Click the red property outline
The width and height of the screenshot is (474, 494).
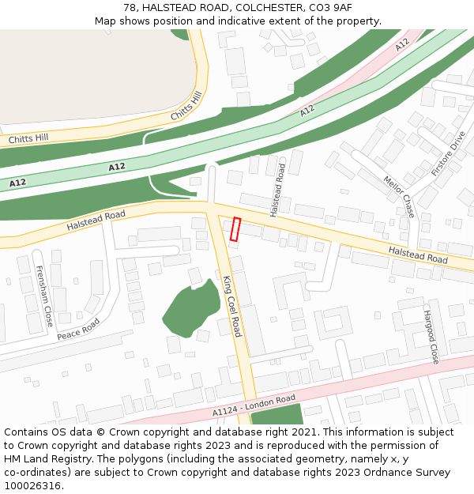click(235, 228)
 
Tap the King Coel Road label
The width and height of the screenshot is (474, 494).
click(231, 306)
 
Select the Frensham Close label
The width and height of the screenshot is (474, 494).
click(43, 296)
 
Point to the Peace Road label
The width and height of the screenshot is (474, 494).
click(78, 329)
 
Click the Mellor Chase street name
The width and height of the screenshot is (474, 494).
click(399, 196)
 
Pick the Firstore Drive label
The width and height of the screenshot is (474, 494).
click(449, 153)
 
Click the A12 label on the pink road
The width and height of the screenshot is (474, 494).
click(402, 45)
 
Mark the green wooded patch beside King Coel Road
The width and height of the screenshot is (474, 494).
click(192, 308)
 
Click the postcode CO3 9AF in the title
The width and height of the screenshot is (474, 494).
click(329, 7)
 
